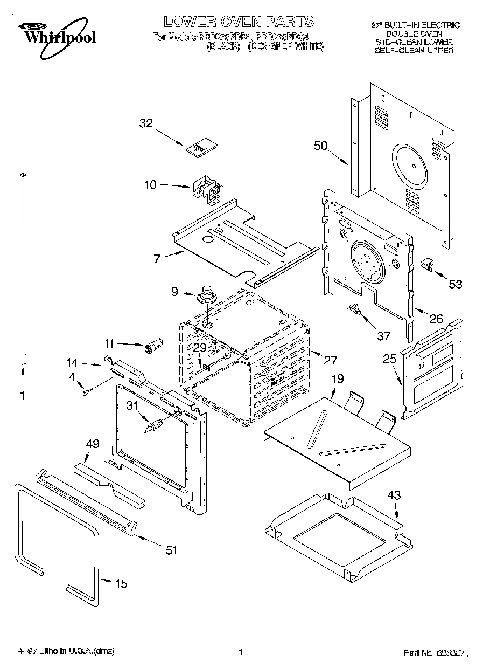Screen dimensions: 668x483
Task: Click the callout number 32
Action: click(x=146, y=123)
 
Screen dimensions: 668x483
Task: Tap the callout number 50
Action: click(x=321, y=146)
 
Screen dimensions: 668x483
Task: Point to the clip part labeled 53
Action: click(x=427, y=264)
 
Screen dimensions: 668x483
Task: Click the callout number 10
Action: click(x=150, y=185)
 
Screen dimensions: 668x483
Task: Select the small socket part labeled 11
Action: click(x=153, y=346)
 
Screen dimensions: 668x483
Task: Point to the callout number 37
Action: click(x=383, y=335)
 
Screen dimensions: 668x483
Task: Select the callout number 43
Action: click(x=395, y=495)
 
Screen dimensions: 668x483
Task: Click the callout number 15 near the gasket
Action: click(x=122, y=583)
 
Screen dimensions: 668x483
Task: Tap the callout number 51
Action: click(x=171, y=550)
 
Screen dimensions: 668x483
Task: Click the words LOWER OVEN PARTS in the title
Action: click(x=239, y=22)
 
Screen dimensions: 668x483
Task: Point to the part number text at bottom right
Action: click(x=436, y=653)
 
